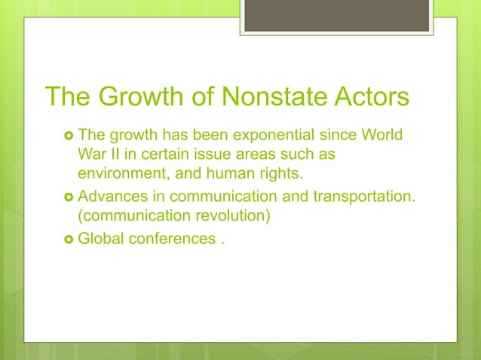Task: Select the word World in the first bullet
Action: click(x=382, y=136)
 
